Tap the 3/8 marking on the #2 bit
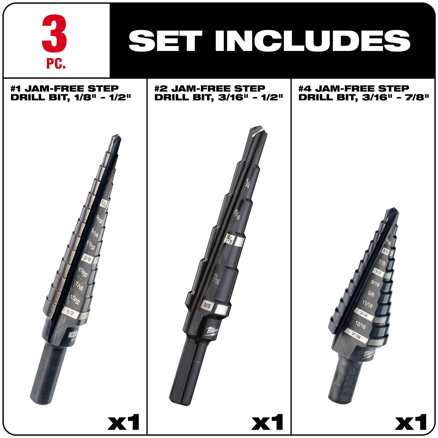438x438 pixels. coord(229,238)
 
